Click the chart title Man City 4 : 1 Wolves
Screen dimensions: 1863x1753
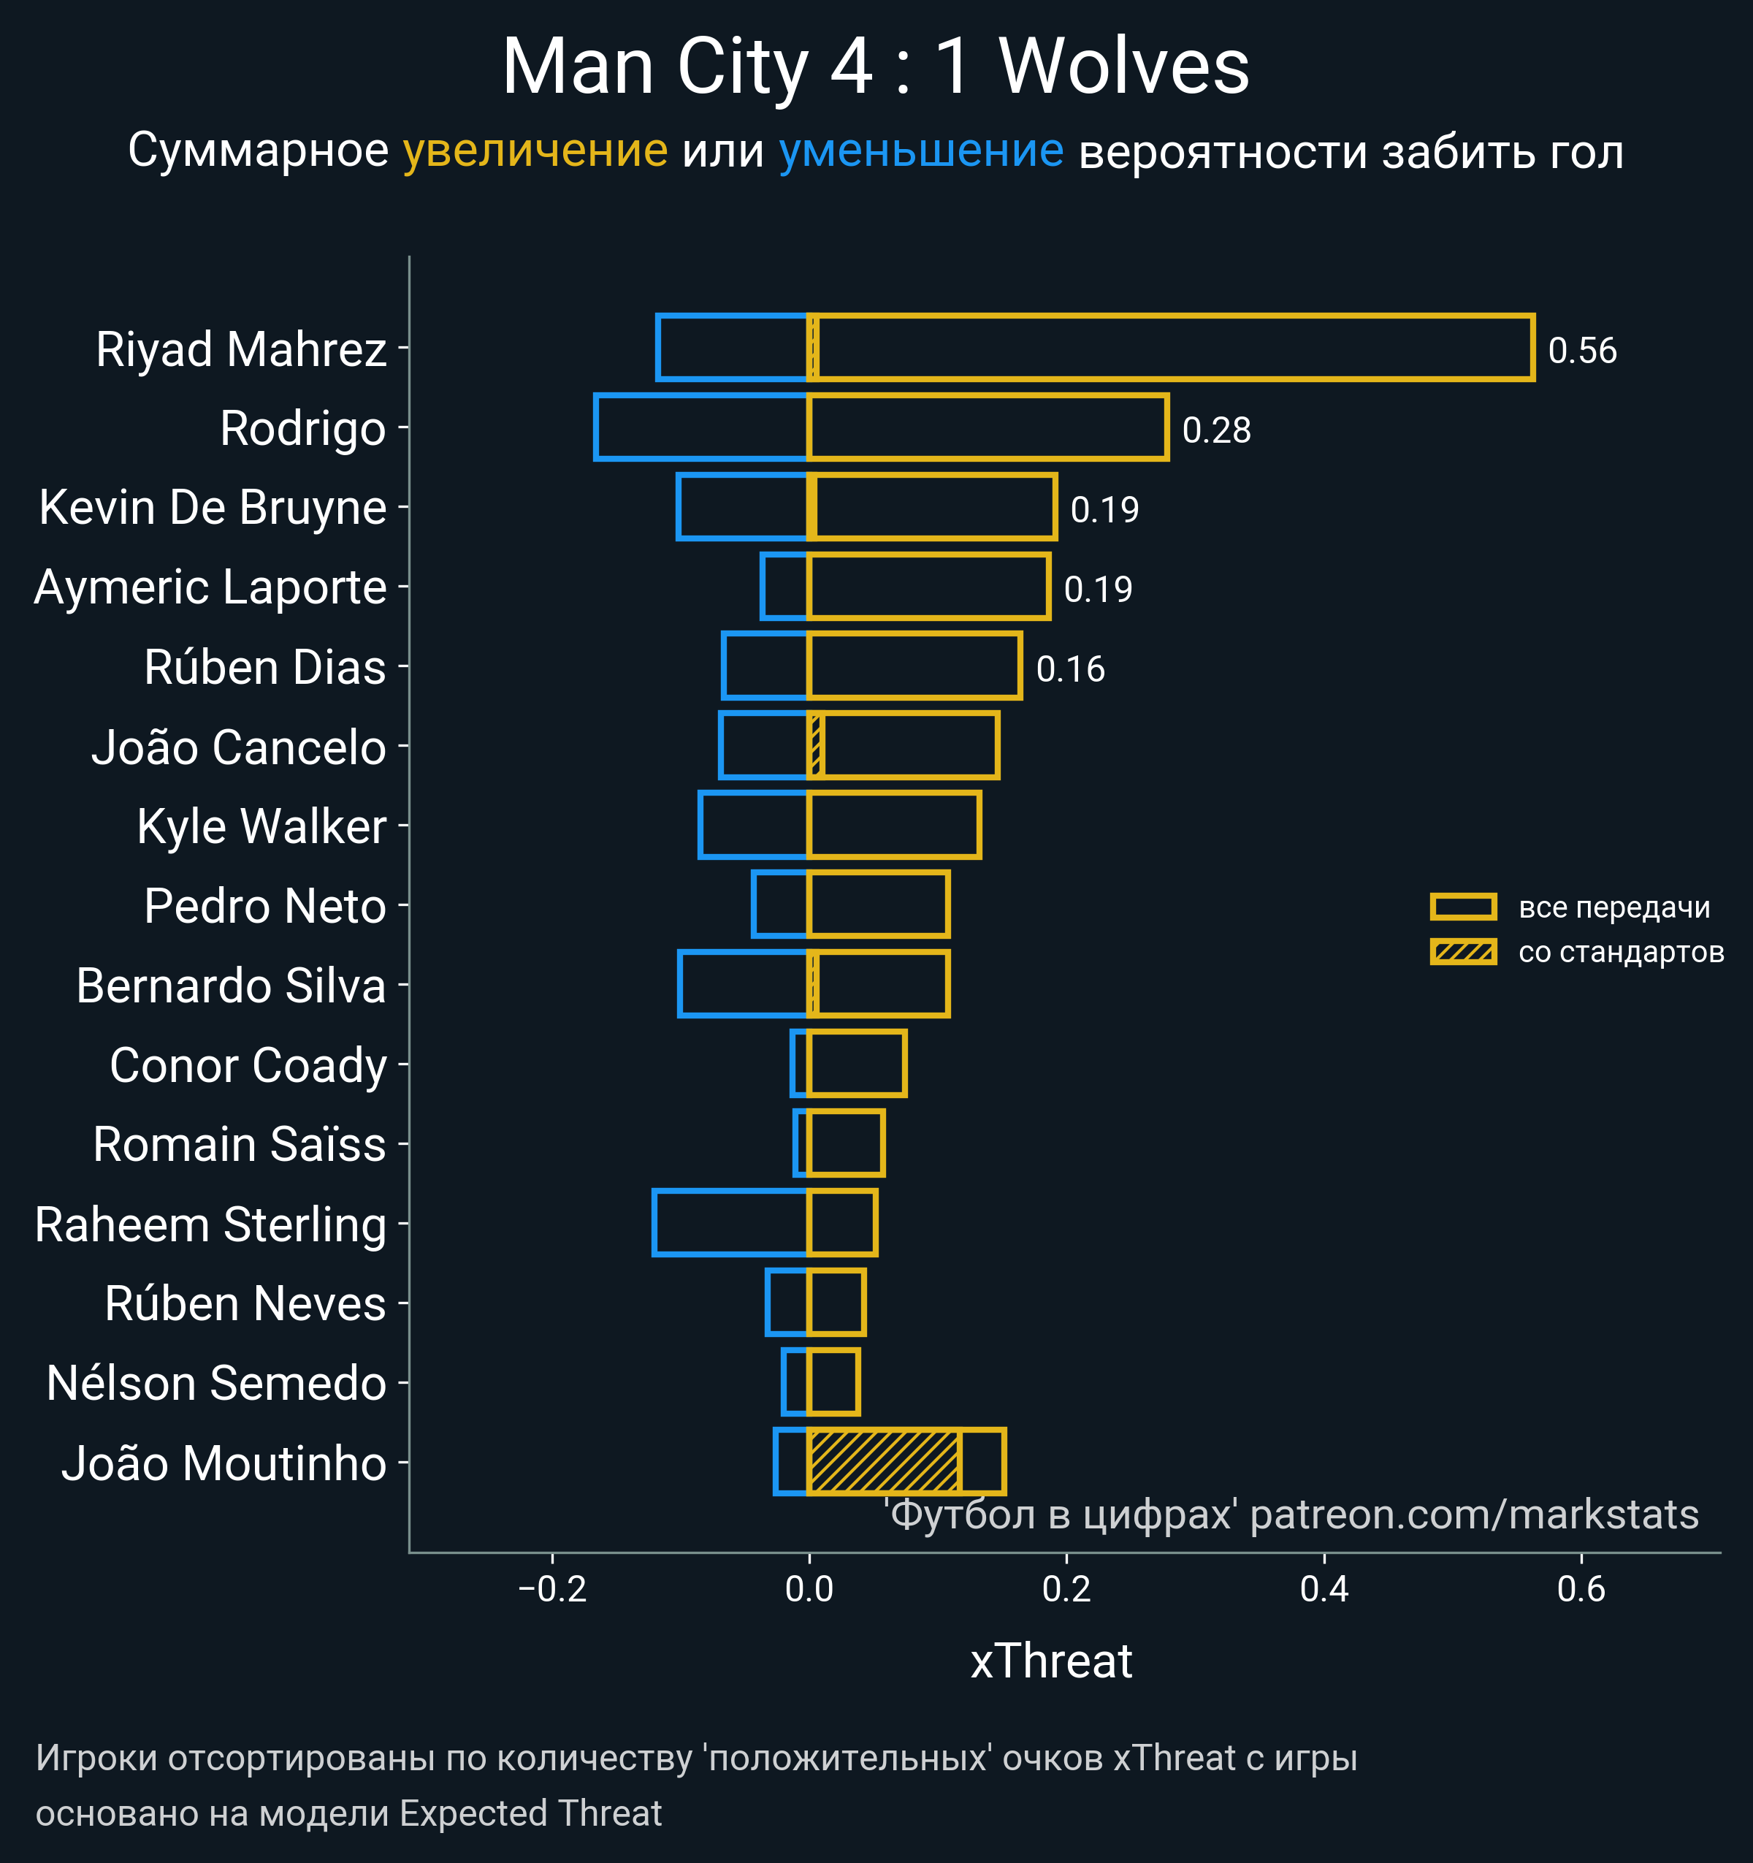pyautogui.click(x=875, y=67)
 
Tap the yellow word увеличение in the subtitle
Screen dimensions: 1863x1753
pyautogui.click(x=535, y=151)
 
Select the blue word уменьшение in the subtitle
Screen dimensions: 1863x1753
pyautogui.click(x=920, y=151)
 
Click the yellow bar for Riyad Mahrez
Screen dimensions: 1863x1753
pyautogui.click(x=1171, y=348)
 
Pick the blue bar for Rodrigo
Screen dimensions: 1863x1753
pyautogui.click(x=700, y=427)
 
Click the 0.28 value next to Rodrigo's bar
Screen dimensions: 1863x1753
pyautogui.click(x=1216, y=430)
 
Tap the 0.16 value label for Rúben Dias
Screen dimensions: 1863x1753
pyautogui.click(x=1070, y=669)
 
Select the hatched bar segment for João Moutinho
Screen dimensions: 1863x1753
pyautogui.click(x=884, y=1462)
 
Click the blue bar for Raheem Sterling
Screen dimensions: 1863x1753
pyautogui.click(x=730, y=1222)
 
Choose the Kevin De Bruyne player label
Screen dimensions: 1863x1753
pyautogui.click(x=213, y=507)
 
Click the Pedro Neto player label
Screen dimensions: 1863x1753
pyautogui.click(x=265, y=906)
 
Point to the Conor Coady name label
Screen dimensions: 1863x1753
pyautogui.click(x=248, y=1065)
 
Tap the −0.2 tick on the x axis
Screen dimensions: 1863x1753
pyautogui.click(x=552, y=1589)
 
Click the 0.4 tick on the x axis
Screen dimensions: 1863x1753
pyautogui.click(x=1324, y=1589)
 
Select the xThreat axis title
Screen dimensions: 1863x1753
pyautogui.click(x=1050, y=1661)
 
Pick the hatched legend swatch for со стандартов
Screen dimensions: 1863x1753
pyautogui.click(x=1462, y=952)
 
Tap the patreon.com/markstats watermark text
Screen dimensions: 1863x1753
pyautogui.click(x=1474, y=1515)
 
